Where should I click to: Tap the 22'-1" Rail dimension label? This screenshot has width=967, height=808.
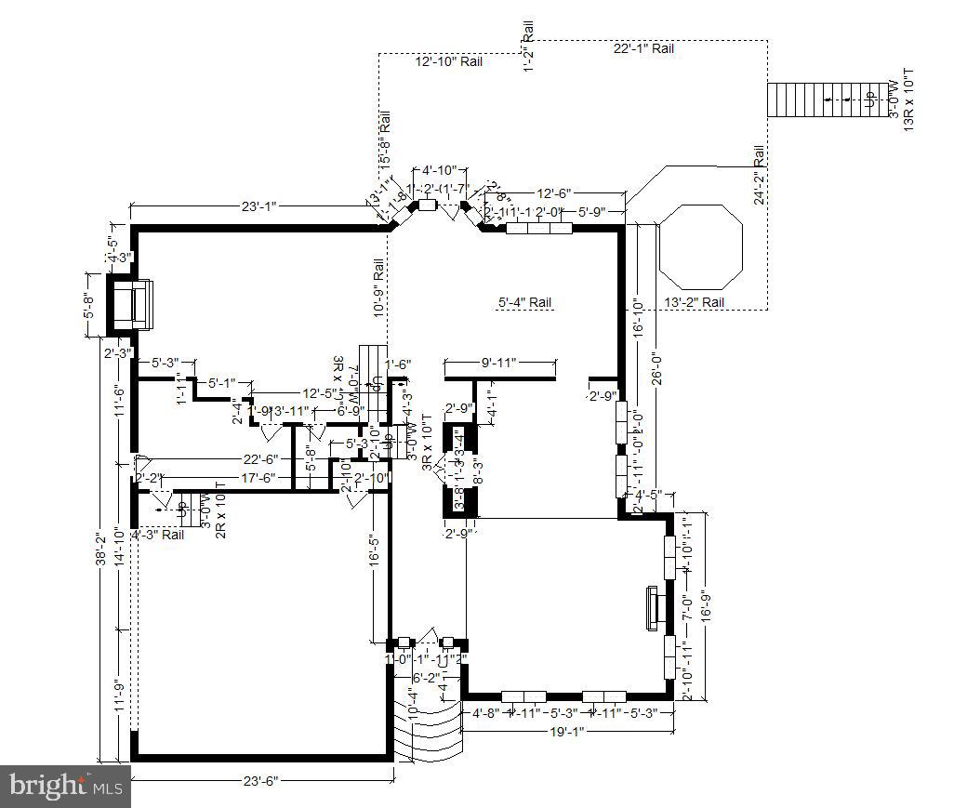pyautogui.click(x=643, y=48)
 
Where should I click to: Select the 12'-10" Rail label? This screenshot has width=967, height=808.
pyautogui.click(x=448, y=62)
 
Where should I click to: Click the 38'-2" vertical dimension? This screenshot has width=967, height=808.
pyautogui.click(x=99, y=552)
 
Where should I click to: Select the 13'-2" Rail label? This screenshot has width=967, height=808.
pyautogui.click(x=694, y=302)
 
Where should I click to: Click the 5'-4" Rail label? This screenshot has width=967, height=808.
pyautogui.click(x=525, y=302)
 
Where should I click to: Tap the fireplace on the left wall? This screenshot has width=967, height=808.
pyautogui.click(x=133, y=303)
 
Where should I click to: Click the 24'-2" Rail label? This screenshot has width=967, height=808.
pyautogui.click(x=759, y=175)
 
